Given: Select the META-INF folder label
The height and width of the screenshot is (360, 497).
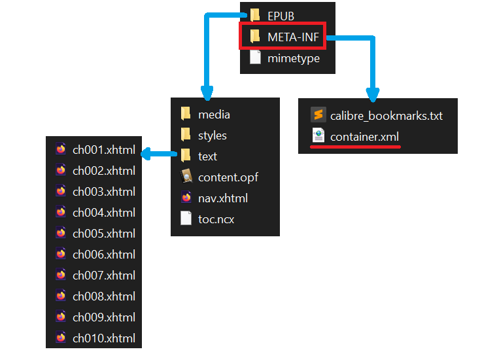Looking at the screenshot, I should coord(293,37).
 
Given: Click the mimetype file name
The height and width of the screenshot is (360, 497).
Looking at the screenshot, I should coord(294,58).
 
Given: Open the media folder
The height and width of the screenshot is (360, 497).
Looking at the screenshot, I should coord(214,115).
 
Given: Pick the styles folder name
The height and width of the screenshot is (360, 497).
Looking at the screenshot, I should coord(213,135).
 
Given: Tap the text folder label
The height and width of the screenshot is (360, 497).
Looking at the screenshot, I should coord(207,156).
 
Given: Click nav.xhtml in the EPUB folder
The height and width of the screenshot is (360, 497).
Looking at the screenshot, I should coord(222,198).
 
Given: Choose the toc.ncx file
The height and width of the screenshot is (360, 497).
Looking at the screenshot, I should coord(216,219).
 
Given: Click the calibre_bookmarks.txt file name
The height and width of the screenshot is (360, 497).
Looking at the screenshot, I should coord(386,116).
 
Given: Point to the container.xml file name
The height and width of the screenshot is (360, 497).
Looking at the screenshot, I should coord(364,137).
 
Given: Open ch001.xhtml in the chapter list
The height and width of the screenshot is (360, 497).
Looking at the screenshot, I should coord(104,150).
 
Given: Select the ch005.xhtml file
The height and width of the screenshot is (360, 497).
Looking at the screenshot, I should coord(104,234).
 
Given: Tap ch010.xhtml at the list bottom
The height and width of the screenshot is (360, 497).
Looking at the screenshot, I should coord(104,338).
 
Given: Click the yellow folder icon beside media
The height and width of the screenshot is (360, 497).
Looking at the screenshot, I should coord(186,115).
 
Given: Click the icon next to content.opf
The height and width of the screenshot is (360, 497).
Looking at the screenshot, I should coord(186,177).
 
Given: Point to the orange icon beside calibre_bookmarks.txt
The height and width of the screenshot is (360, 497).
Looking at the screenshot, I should coord(318,116).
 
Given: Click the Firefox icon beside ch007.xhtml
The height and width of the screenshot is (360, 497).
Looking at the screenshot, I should coord(61,276).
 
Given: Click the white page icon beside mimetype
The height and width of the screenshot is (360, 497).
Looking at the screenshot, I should coord(255,58).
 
